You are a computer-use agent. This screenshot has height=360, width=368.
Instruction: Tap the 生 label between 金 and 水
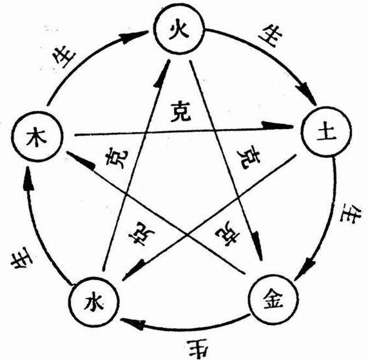pos(193,347)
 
